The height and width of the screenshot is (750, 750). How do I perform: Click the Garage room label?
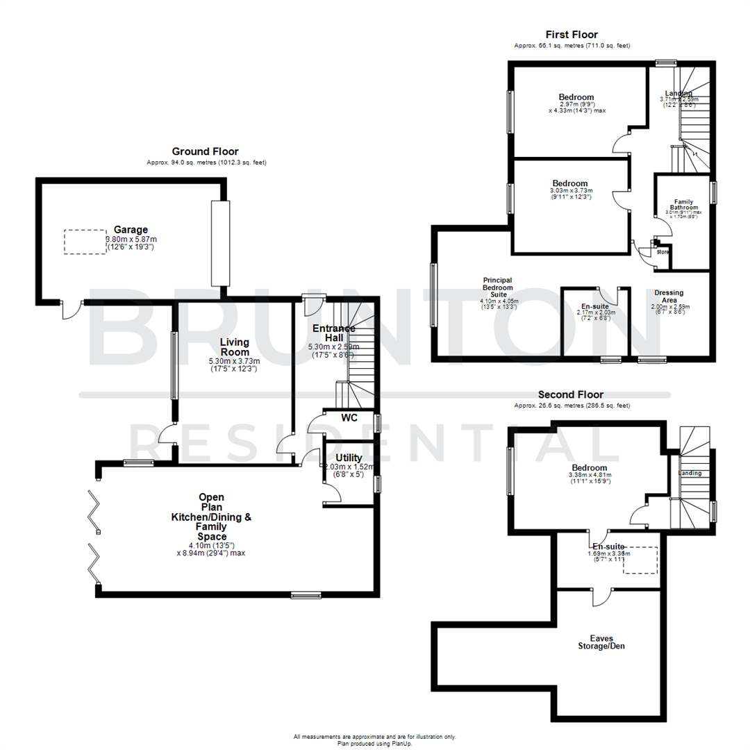pos(131,229)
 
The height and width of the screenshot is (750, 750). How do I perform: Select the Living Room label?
pos(234,347)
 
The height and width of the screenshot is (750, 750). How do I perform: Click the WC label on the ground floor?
pos(349,418)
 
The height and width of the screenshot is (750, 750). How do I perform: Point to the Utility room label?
pos(349,458)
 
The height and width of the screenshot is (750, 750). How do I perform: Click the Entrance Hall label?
pos(333,333)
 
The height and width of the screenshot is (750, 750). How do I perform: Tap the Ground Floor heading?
pos(205,151)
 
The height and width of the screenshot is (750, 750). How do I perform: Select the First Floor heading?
pos(572,35)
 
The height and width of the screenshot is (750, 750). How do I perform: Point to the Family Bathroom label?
pos(684,203)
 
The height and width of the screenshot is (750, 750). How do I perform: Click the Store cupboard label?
pos(662,251)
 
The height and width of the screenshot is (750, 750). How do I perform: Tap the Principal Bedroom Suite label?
pos(498,287)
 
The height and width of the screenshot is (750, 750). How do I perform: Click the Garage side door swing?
pos(71,310)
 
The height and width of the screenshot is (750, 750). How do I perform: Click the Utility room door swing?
pos(332,493)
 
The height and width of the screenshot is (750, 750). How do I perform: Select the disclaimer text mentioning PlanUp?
pos(374,740)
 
